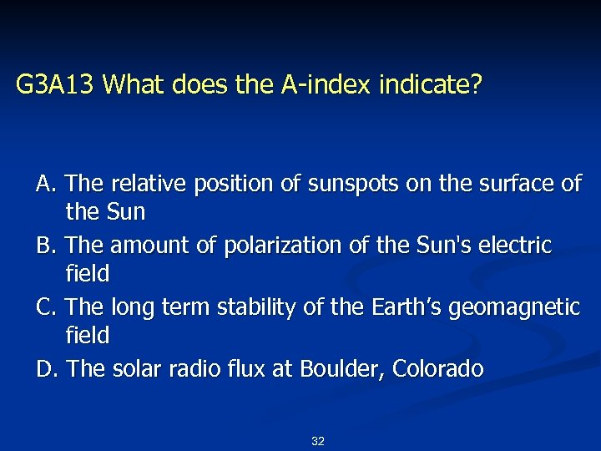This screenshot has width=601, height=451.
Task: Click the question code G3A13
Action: click(x=57, y=84)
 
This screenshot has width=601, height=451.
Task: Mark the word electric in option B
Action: click(x=518, y=246)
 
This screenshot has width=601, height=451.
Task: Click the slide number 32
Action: click(x=317, y=441)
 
